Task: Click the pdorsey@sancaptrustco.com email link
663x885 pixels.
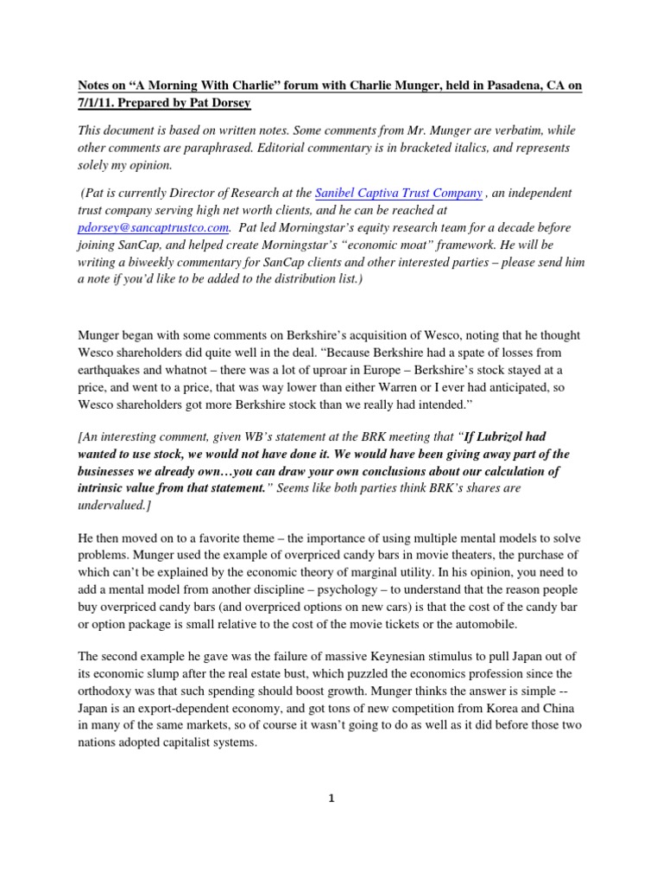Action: pyautogui.click(x=153, y=227)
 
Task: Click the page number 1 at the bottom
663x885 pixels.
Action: pyautogui.click(x=330, y=799)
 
